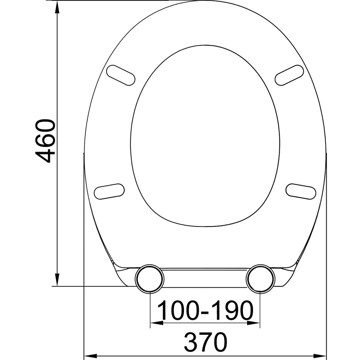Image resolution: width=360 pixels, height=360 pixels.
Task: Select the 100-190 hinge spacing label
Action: coord(205,310)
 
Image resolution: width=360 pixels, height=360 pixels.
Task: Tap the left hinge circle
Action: coord(149,278)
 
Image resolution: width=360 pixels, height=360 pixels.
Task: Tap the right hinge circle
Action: coord(261,278)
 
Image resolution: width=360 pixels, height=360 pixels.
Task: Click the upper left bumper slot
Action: coord(121,75)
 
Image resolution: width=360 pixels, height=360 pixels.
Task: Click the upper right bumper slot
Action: coord(289,75)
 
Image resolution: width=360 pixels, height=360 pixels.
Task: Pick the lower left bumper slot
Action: coord(109,192)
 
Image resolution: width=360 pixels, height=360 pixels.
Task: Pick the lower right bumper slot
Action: coord(301,192)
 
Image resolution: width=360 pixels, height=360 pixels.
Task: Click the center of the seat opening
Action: coord(205,135)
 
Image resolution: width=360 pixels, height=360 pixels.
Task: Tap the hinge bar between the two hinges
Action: coord(205,278)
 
